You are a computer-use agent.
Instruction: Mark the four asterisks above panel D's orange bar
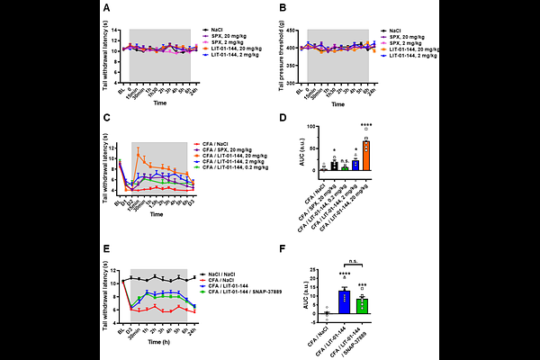[x=365, y=124]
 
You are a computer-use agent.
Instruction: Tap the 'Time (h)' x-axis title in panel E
[x=159, y=342]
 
